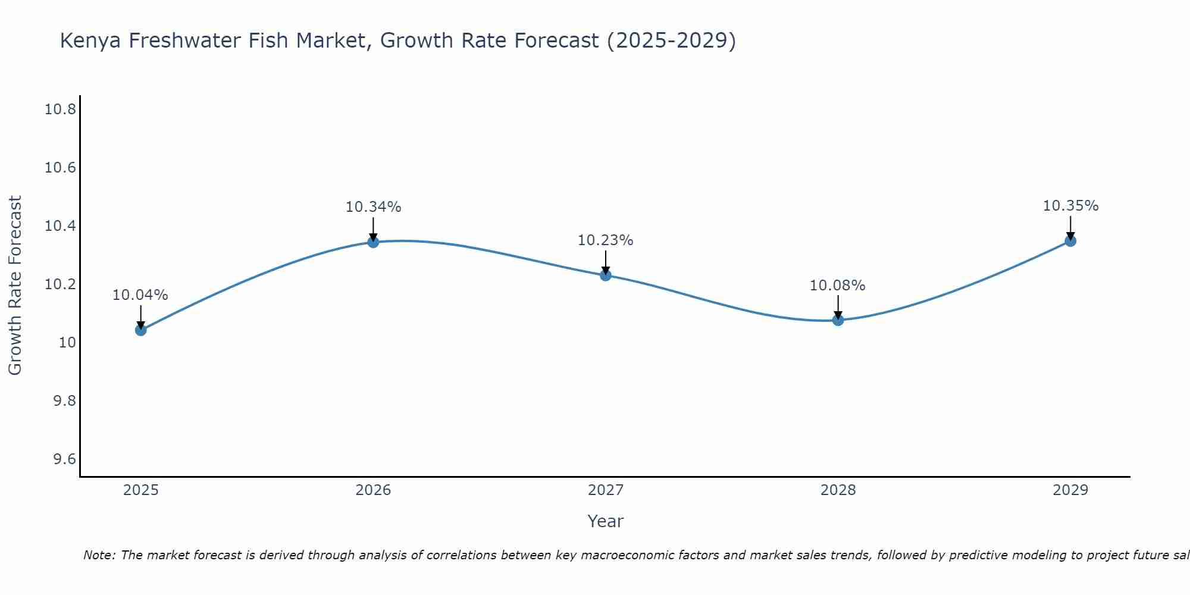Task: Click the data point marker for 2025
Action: (x=140, y=330)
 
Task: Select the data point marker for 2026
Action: (x=373, y=242)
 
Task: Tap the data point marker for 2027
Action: (x=606, y=275)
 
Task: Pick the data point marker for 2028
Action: (x=838, y=320)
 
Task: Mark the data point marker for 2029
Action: (x=1070, y=241)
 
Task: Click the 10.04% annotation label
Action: (x=140, y=295)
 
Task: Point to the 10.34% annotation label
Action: (x=373, y=207)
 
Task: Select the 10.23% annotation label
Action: (x=606, y=240)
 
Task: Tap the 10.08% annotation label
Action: (x=838, y=286)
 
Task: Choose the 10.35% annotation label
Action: (x=1070, y=206)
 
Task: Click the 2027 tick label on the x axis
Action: (x=606, y=490)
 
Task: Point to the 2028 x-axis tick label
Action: (x=838, y=490)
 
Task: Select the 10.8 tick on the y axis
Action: (x=60, y=109)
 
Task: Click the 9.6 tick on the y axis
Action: (x=64, y=459)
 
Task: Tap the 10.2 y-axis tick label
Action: (x=60, y=284)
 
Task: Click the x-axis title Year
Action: (x=606, y=521)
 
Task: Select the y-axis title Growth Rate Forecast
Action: (x=15, y=286)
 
